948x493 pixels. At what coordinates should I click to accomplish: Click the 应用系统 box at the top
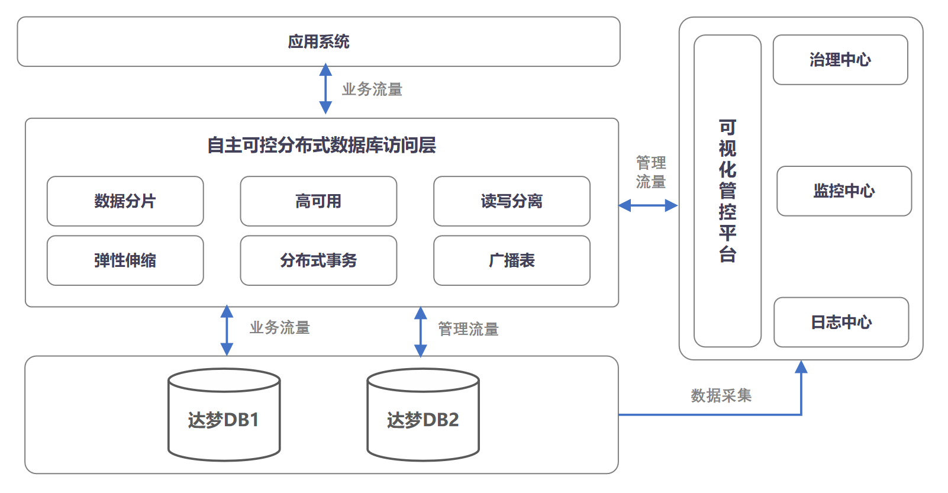click(x=318, y=41)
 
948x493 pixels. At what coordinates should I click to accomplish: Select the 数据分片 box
click(x=125, y=201)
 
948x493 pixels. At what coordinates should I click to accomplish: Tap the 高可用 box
click(x=318, y=201)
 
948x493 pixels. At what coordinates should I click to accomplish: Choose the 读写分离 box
click(x=511, y=201)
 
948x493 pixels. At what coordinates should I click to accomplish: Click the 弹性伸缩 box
click(x=125, y=260)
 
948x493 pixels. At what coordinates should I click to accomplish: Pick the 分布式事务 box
click(x=318, y=260)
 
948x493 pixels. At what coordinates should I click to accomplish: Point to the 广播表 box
click(x=511, y=260)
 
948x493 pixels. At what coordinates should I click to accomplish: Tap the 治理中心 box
click(x=840, y=60)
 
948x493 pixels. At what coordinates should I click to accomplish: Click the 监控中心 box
click(x=844, y=191)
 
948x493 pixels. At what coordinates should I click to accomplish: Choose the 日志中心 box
click(x=841, y=322)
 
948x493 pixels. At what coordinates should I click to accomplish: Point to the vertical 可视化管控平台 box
click(x=727, y=191)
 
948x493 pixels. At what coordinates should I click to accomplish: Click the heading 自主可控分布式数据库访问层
click(x=321, y=145)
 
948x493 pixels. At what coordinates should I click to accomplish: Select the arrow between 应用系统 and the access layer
click(x=325, y=89)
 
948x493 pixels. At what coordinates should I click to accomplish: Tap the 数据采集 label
click(x=721, y=395)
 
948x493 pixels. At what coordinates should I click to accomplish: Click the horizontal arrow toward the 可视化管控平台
click(x=648, y=205)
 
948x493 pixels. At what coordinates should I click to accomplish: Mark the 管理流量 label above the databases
click(x=468, y=329)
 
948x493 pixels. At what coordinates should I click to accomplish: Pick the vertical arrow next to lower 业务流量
click(x=227, y=330)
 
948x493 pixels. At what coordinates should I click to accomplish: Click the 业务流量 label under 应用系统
click(x=372, y=89)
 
